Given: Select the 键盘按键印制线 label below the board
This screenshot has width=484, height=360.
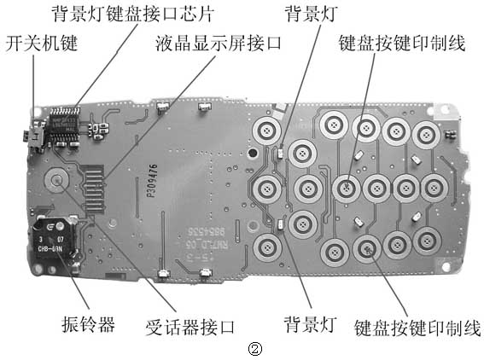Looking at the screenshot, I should [417, 327].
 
